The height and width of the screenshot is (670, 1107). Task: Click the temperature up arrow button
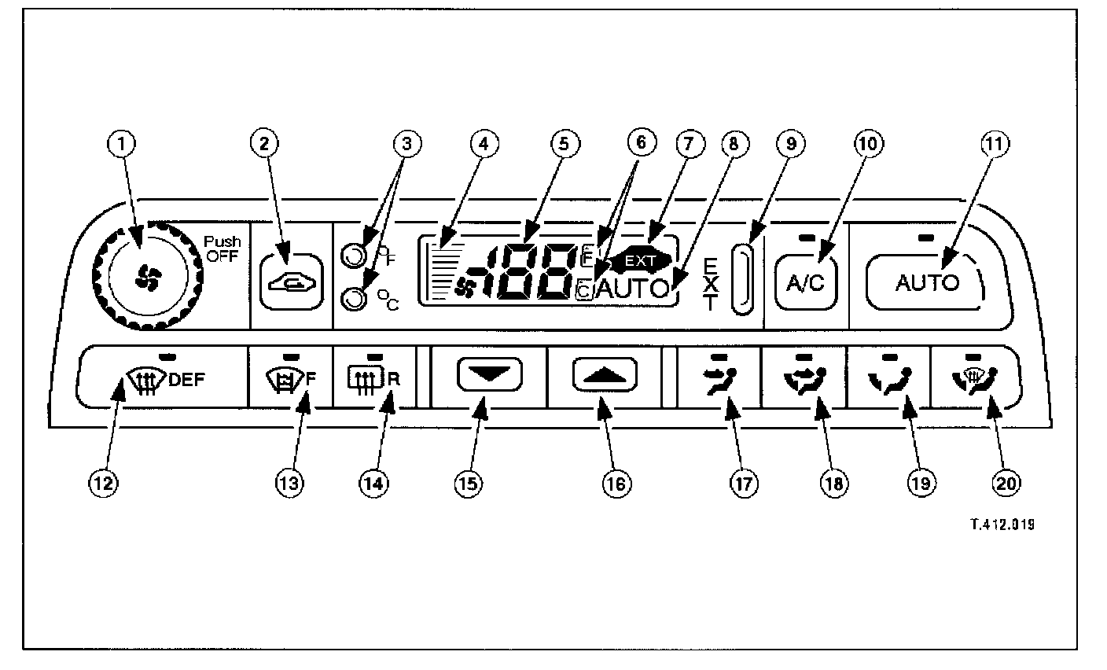point(604,376)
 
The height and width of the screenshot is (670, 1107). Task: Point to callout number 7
point(688,144)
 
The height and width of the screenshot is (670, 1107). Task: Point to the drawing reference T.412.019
point(995,525)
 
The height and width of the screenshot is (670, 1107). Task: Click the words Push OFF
point(223,249)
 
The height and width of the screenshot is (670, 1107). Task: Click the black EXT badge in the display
point(645,258)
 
